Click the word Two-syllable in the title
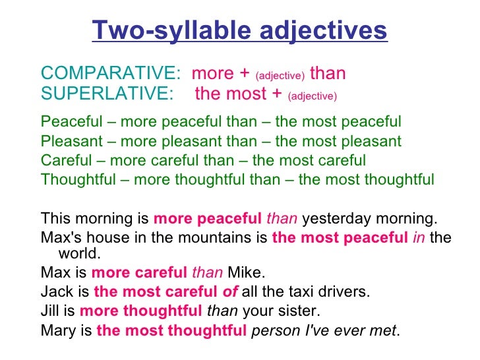point(168,30)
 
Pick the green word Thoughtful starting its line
point(77,179)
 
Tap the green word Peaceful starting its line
point(71,122)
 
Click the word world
point(79,254)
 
